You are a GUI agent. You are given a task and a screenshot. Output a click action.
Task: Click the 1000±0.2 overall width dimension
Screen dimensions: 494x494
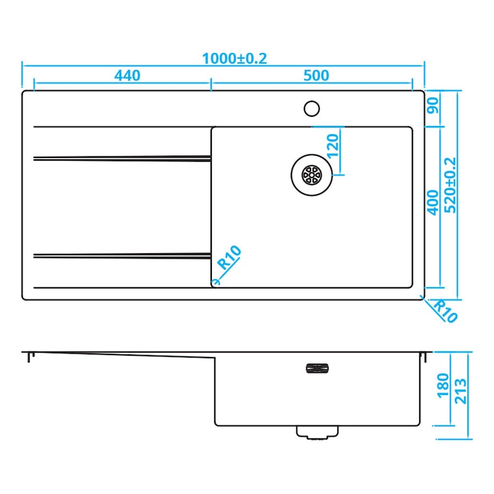click(235, 59)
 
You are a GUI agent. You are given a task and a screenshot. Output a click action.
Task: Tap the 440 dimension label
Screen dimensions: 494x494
click(127, 75)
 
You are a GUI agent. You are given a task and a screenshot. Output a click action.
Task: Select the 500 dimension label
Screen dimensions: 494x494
click(316, 75)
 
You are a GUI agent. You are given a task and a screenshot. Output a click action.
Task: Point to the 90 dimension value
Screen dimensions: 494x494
click(433, 106)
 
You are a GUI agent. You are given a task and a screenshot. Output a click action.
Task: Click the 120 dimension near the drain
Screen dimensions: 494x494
click(333, 146)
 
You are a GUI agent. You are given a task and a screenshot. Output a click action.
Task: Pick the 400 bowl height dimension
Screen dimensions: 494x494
click(433, 203)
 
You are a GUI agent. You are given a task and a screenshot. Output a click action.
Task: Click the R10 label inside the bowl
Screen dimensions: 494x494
click(230, 257)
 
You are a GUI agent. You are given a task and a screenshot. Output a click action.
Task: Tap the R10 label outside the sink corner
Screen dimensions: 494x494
click(445, 311)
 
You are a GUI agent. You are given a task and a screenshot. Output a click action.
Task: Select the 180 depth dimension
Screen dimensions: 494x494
click(443, 385)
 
